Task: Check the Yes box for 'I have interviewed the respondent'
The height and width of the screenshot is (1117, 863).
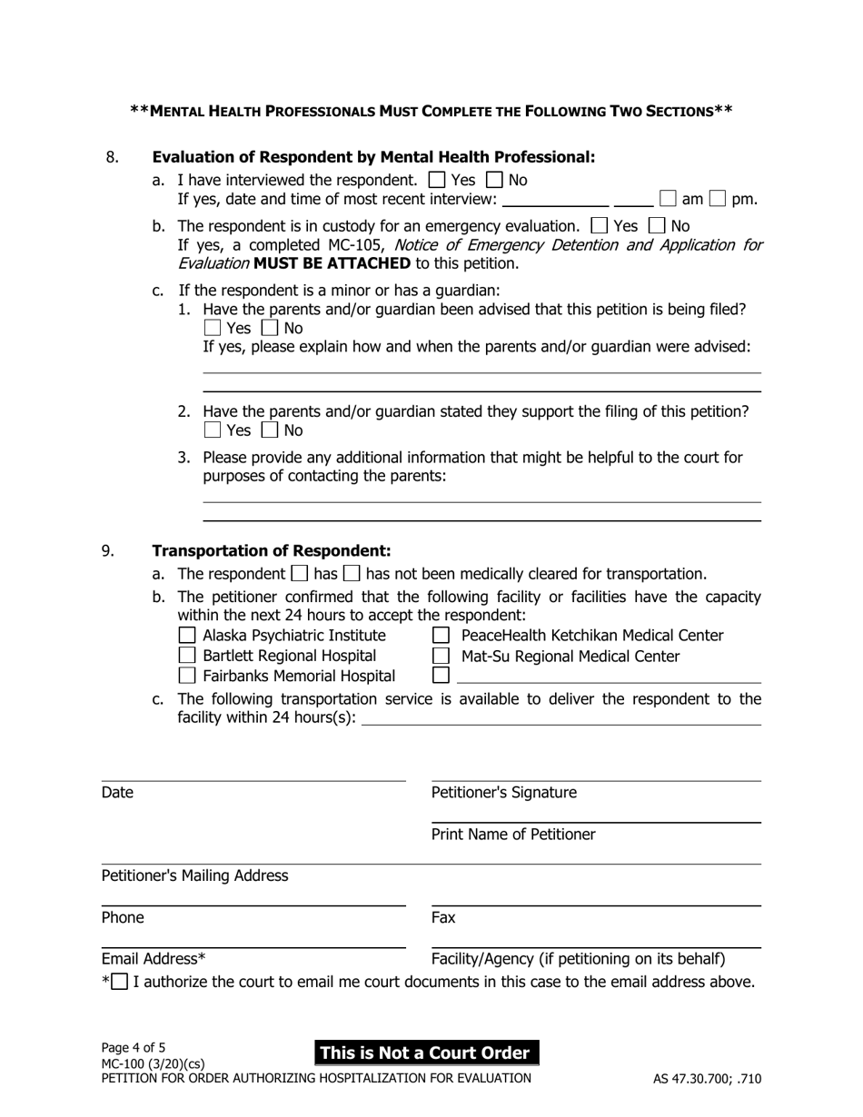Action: pyautogui.click(x=436, y=180)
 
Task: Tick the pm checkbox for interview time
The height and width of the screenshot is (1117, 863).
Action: pyautogui.click(x=718, y=198)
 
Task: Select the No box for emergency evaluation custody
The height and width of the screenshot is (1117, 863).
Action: pyautogui.click(x=659, y=225)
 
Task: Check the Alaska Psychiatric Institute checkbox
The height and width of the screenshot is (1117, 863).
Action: pyautogui.click(x=187, y=635)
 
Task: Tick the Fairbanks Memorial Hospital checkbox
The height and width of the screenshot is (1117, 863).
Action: pyautogui.click(x=187, y=675)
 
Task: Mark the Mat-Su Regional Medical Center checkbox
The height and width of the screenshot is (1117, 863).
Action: pyautogui.click(x=441, y=655)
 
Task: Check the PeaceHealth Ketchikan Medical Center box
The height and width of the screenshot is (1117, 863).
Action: pyautogui.click(x=441, y=635)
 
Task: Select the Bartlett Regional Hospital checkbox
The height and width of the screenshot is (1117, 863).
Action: pyautogui.click(x=187, y=655)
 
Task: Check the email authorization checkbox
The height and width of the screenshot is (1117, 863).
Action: pyautogui.click(x=119, y=982)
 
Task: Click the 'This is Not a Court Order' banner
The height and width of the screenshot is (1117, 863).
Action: pyautogui.click(x=426, y=1053)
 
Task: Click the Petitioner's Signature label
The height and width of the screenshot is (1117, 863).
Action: pyautogui.click(x=503, y=793)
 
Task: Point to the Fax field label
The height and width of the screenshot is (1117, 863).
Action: pyautogui.click(x=443, y=918)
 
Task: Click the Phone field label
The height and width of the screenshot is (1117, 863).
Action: pyautogui.click(x=123, y=918)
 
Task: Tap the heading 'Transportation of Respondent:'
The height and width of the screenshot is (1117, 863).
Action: pyautogui.click(x=271, y=551)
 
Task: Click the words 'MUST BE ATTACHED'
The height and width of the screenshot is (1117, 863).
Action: pyautogui.click(x=332, y=263)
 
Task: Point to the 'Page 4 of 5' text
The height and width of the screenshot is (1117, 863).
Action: pyautogui.click(x=134, y=1047)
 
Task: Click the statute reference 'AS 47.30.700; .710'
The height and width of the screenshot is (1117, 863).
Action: pyautogui.click(x=707, y=1080)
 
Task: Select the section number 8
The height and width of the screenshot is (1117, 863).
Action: pyautogui.click(x=112, y=157)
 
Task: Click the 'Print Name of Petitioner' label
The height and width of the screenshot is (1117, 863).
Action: pyautogui.click(x=513, y=835)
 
